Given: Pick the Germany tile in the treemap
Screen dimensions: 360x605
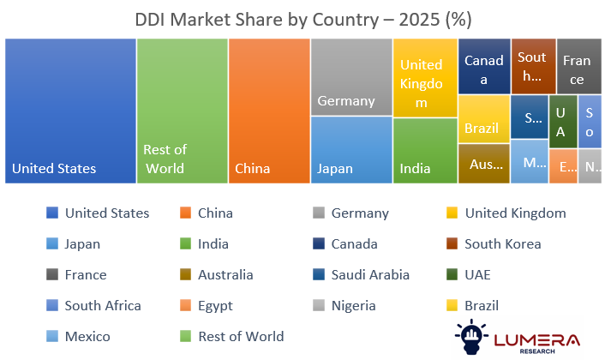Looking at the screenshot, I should click(350, 77).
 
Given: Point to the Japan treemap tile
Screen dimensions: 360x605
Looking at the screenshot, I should click(350, 150).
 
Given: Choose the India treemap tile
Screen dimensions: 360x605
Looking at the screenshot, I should click(425, 150).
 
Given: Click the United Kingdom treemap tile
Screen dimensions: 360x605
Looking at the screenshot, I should click(425, 77).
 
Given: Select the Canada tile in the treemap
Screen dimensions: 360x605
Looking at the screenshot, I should click(484, 66).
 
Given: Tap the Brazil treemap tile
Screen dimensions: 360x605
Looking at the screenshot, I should click(483, 119).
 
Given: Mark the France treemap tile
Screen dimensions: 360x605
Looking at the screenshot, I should click(578, 66).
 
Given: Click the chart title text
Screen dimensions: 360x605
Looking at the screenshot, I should click(303, 19).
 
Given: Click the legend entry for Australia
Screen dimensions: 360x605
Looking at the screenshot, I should click(225, 275).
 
